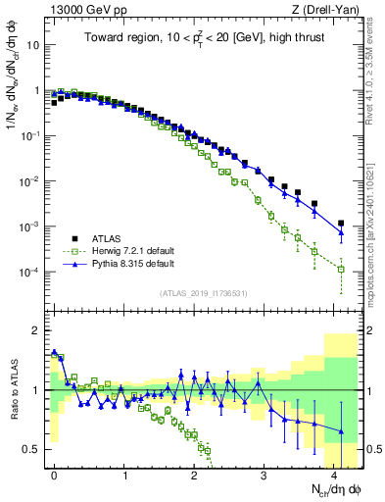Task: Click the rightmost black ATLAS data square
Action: pyautogui.click(x=341, y=224)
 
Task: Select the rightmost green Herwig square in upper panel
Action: pyautogui.click(x=341, y=269)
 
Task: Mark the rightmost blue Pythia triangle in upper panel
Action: pyautogui.click(x=341, y=233)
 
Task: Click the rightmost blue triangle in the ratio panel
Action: pyautogui.click(x=341, y=430)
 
